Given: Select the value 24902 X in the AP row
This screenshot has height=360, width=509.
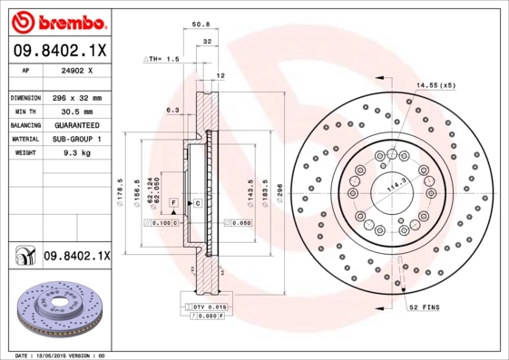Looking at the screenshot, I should click(73, 69).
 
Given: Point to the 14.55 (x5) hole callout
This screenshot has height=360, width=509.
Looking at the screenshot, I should click(436, 84).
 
